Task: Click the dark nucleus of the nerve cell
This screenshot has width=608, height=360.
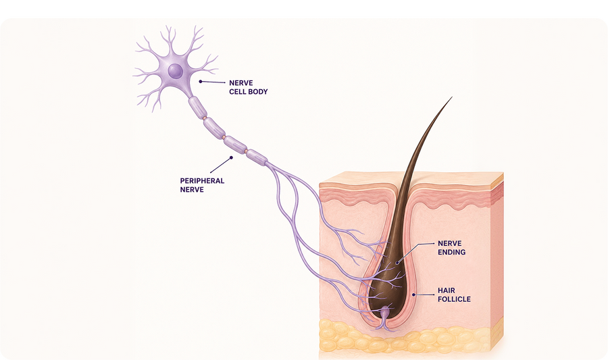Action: (175, 70)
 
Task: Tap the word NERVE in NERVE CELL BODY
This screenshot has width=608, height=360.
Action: (240, 83)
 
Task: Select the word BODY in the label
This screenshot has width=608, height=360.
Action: (258, 92)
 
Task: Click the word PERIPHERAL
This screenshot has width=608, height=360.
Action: (202, 180)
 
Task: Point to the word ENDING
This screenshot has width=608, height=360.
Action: (452, 253)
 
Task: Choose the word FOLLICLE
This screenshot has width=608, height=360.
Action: (454, 299)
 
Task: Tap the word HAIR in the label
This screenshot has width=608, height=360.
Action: (447, 290)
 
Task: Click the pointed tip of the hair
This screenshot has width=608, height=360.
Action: (452, 97)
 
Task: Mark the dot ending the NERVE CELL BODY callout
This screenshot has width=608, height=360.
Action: (201, 81)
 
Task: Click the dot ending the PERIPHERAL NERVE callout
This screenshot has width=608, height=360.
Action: (231, 157)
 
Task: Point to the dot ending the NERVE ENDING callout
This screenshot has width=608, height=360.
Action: (397, 262)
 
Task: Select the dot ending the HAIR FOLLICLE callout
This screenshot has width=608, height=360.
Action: (413, 294)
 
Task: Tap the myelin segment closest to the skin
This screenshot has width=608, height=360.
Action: (257, 157)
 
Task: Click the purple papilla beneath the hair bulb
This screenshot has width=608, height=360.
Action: (385, 315)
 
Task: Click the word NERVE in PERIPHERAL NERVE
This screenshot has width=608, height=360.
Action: (192, 190)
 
